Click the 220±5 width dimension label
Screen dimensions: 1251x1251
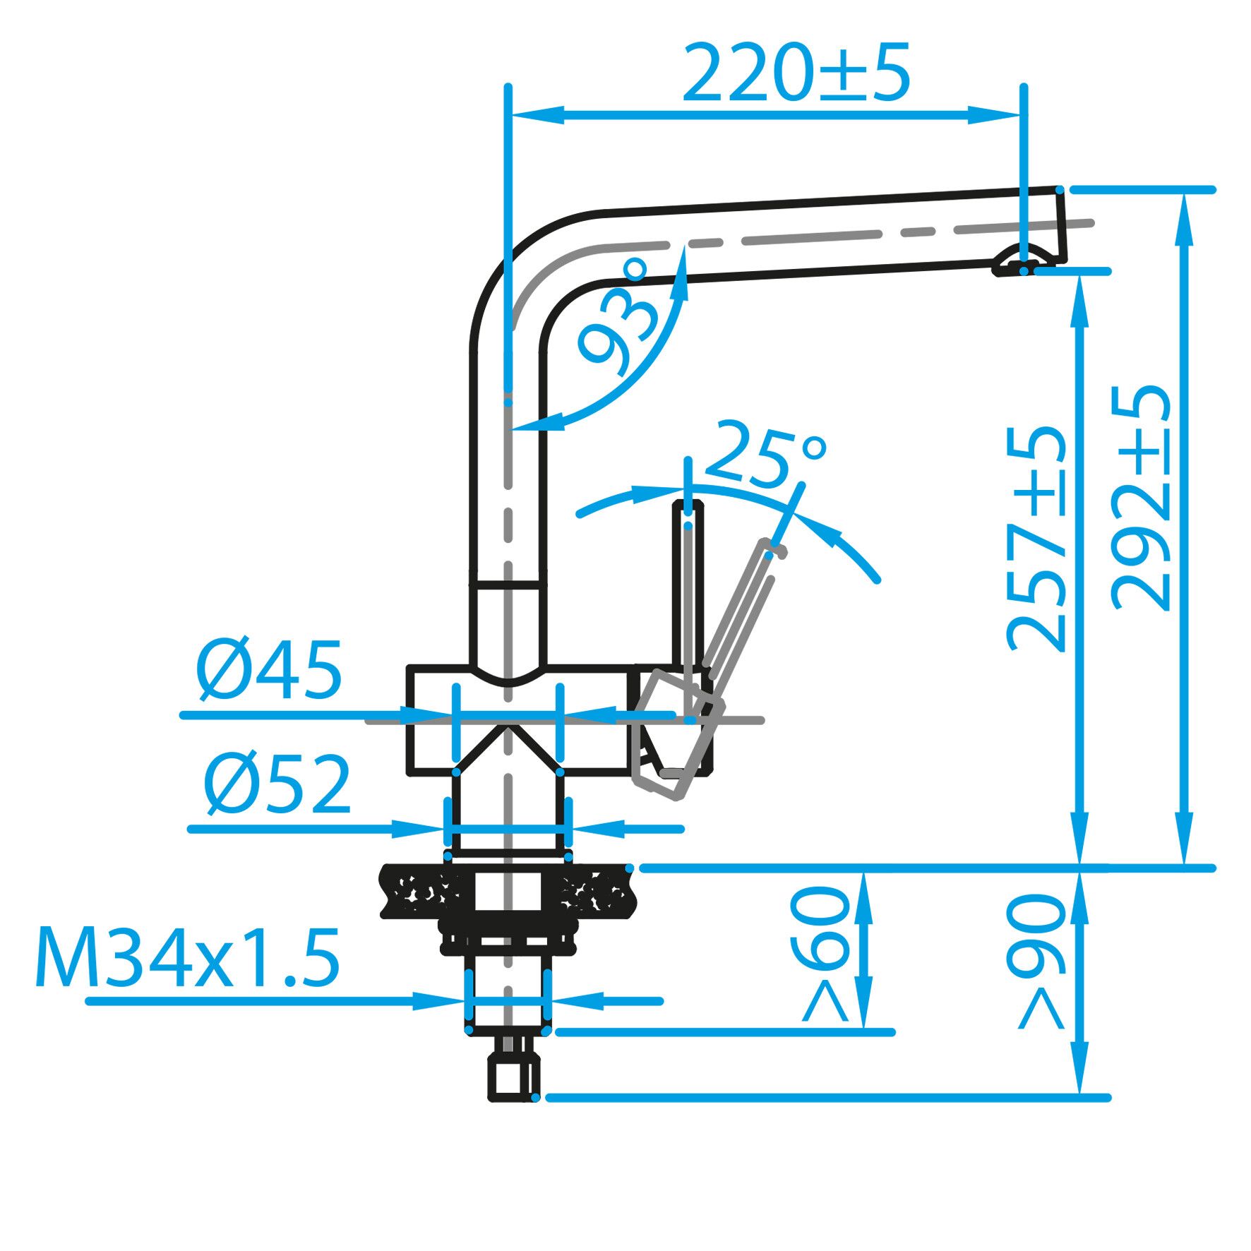coord(796,73)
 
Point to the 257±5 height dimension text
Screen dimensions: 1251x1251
coord(1036,539)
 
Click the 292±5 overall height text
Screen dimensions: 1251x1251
coord(1140,497)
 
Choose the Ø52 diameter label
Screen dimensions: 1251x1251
coord(277,785)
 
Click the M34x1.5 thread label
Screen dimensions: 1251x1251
coord(188,959)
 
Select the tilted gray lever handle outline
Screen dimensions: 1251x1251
coord(741,621)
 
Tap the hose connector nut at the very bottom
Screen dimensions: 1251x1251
coord(513,1079)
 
